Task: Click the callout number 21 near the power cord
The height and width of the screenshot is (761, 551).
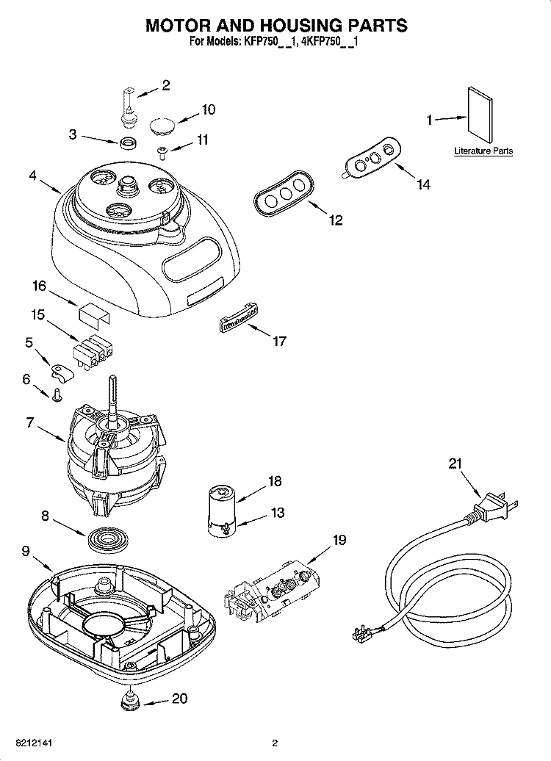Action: pos(455,463)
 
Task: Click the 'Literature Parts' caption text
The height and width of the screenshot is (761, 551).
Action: pos(483,151)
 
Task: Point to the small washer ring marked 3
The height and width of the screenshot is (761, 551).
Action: pos(129,140)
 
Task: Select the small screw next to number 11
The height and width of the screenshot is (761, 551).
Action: pos(162,151)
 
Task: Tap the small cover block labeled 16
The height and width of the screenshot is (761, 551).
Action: pos(93,314)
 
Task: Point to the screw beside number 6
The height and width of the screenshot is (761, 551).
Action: pos(56,396)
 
